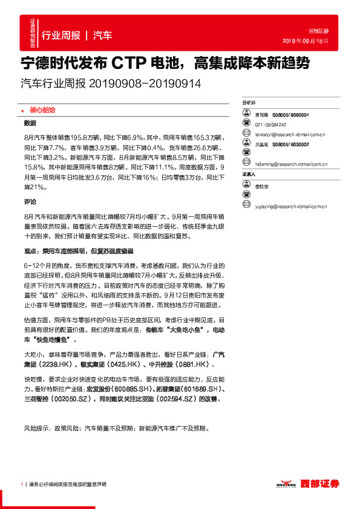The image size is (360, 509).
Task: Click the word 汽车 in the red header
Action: [x=103, y=35]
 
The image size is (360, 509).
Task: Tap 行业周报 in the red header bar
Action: [x=61, y=35]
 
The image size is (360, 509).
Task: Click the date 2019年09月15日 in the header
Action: [x=306, y=42]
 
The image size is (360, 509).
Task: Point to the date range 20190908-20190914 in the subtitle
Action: [x=145, y=83]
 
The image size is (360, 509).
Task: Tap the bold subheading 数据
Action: [x=30, y=123]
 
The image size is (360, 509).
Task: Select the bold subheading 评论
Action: [x=30, y=201]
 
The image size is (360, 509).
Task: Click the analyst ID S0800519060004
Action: [x=290, y=114]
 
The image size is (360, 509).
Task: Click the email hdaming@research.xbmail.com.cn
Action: [x=290, y=164]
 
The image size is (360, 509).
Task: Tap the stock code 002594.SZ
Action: [x=175, y=400]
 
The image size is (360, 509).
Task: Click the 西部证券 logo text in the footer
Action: [x=322, y=484]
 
